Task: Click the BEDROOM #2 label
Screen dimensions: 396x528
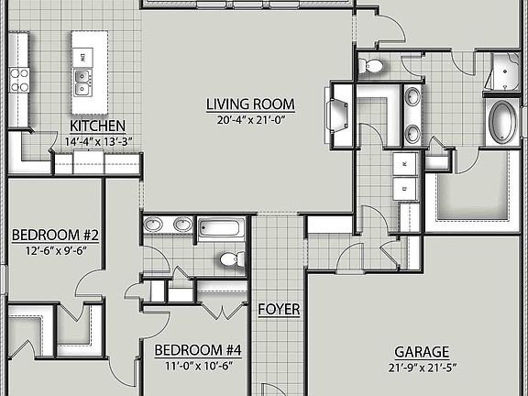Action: click(x=54, y=236)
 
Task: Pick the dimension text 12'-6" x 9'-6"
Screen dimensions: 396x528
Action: click(x=54, y=250)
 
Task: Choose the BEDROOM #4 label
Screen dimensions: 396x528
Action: click(x=197, y=350)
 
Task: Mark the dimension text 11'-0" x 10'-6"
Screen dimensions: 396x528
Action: click(x=197, y=366)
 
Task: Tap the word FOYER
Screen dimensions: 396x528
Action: click(x=279, y=309)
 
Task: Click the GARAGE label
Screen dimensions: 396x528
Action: click(x=422, y=352)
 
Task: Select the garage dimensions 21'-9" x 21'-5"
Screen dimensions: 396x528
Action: click(x=422, y=368)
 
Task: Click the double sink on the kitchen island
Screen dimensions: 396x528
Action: click(x=82, y=82)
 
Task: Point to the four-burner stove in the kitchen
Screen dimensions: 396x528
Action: click(x=18, y=80)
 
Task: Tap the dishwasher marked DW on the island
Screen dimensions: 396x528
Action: click(x=82, y=57)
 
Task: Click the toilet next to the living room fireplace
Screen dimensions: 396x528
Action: click(x=373, y=65)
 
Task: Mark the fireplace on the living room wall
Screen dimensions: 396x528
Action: click(x=335, y=115)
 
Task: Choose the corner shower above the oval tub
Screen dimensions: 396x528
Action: click(x=504, y=72)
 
